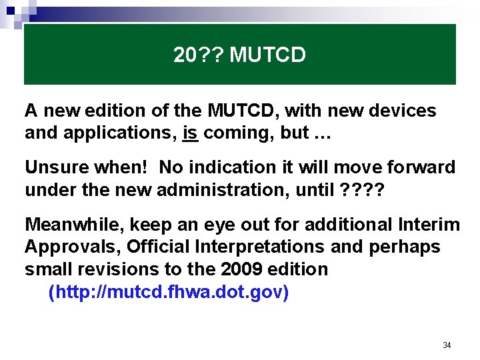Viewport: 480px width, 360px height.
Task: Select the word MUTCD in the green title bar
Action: [x=267, y=55]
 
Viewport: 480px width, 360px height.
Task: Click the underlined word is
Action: [x=190, y=133]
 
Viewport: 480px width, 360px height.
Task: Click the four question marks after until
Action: [x=363, y=190]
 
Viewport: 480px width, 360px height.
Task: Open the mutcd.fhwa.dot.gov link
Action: [x=169, y=293]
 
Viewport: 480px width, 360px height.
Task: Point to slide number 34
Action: [x=447, y=345]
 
